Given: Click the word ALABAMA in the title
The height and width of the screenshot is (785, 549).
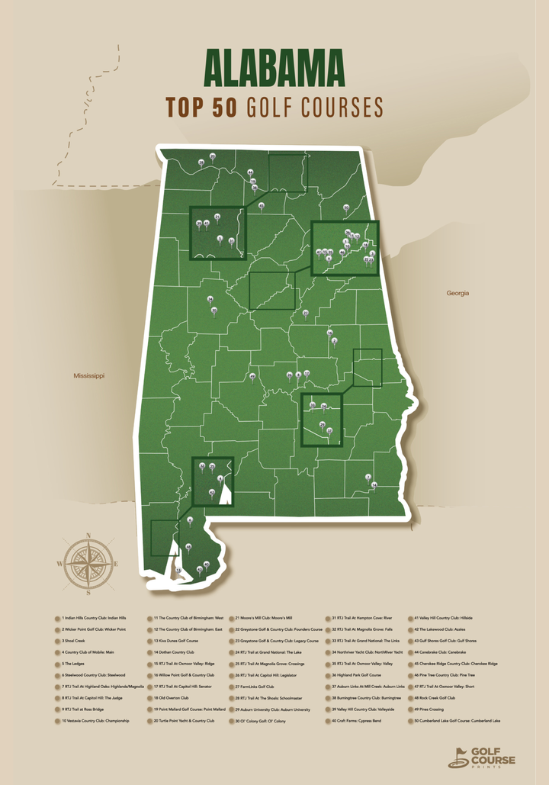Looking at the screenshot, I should (274, 70).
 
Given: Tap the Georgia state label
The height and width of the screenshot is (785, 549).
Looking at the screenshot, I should (457, 293).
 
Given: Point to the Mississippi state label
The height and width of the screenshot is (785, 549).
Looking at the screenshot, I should (89, 376).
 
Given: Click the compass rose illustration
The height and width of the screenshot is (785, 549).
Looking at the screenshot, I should (89, 564).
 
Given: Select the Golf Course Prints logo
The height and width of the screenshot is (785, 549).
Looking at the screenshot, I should (481, 757).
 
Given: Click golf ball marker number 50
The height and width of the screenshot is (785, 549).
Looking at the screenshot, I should (345, 207).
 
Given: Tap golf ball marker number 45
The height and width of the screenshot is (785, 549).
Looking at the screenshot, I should (262, 204).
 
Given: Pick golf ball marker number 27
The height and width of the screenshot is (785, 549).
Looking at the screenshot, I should (306, 313).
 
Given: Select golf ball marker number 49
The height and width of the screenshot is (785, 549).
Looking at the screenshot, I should (252, 377).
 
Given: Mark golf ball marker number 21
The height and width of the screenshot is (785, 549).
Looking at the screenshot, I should (217, 217).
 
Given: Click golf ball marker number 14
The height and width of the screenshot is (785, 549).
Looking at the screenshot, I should (374, 484).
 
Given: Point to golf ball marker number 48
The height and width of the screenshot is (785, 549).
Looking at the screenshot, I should (188, 546).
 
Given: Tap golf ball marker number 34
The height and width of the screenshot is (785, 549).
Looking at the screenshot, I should (210, 299).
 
